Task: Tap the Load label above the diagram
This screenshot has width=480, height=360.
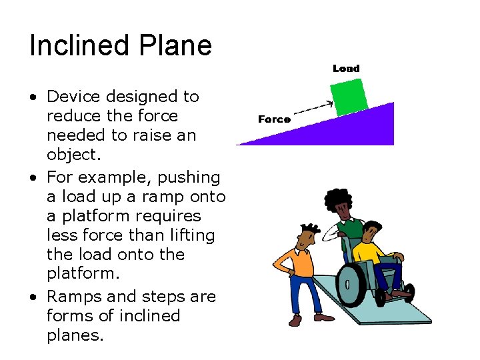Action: tap(346, 68)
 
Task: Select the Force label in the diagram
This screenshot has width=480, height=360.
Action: tap(274, 119)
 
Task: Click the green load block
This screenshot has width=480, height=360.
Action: tap(349, 97)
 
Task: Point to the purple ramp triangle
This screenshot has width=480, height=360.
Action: tap(353, 130)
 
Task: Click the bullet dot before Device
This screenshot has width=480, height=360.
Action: tap(33, 97)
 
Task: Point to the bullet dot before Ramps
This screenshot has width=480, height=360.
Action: tap(33, 297)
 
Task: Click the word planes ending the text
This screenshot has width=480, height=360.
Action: tap(75, 335)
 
